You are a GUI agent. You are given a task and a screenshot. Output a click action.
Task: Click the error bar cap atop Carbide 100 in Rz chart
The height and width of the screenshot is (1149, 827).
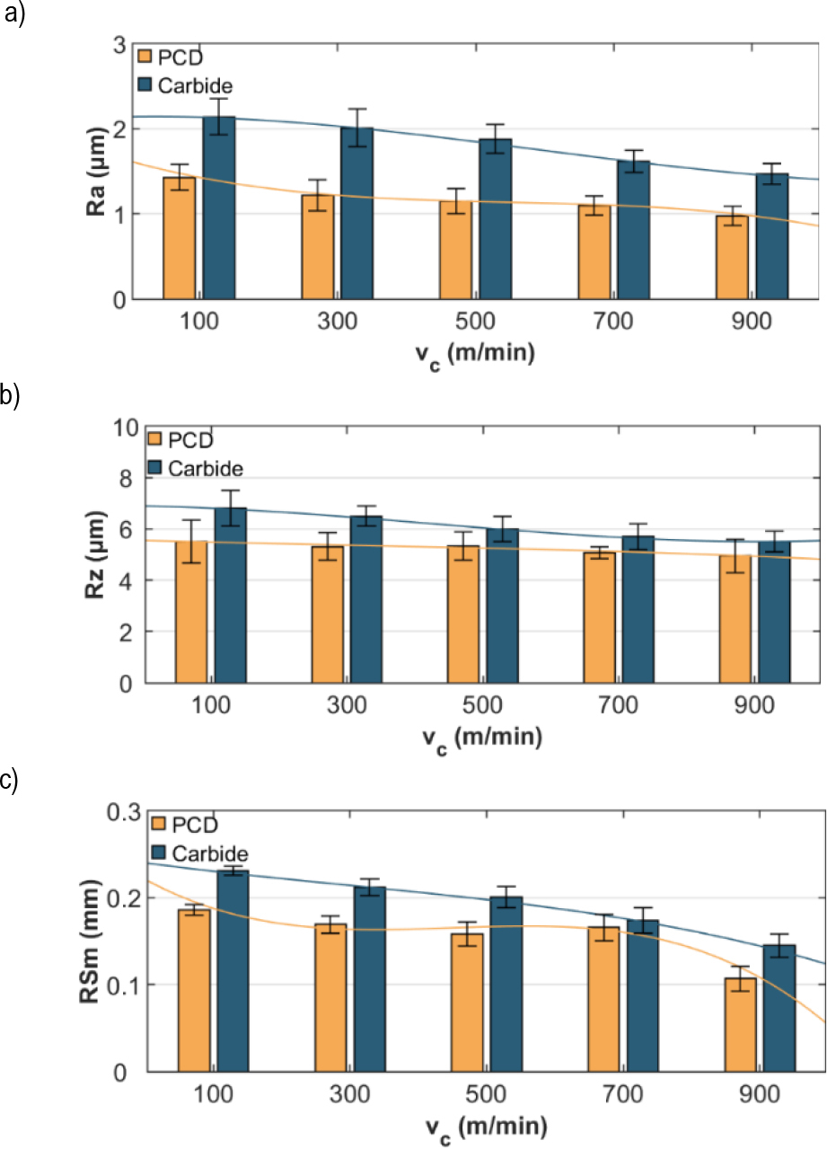point(231,491)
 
